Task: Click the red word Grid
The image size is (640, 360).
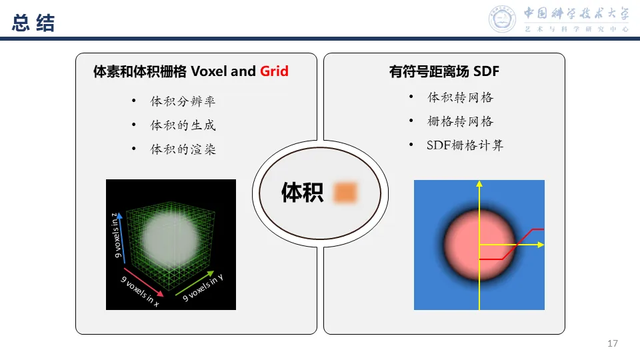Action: pyautogui.click(x=274, y=71)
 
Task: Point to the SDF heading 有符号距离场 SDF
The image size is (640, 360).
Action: pyautogui.click(x=444, y=71)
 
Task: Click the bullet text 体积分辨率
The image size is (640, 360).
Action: pyautogui.click(x=183, y=101)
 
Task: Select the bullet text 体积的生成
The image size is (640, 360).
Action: pyautogui.click(x=183, y=125)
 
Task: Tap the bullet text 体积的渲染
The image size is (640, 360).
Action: pyautogui.click(x=183, y=149)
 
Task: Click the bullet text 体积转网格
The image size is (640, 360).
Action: pyautogui.click(x=460, y=97)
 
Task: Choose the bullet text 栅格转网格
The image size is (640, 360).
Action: pyautogui.click(x=460, y=121)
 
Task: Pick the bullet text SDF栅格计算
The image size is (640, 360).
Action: pyautogui.click(x=465, y=145)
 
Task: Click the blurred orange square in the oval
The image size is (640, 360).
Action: pyautogui.click(x=346, y=192)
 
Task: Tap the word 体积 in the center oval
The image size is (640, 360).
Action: pyautogui.click(x=302, y=193)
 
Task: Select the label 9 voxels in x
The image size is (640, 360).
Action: pyautogui.click(x=140, y=291)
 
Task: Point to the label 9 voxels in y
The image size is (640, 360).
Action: pyautogui.click(x=203, y=288)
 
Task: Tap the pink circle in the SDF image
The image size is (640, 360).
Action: pyautogui.click(x=479, y=243)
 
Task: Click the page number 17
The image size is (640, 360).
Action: pyautogui.click(x=613, y=344)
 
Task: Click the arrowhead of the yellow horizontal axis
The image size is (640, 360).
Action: pyautogui.click(x=541, y=245)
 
